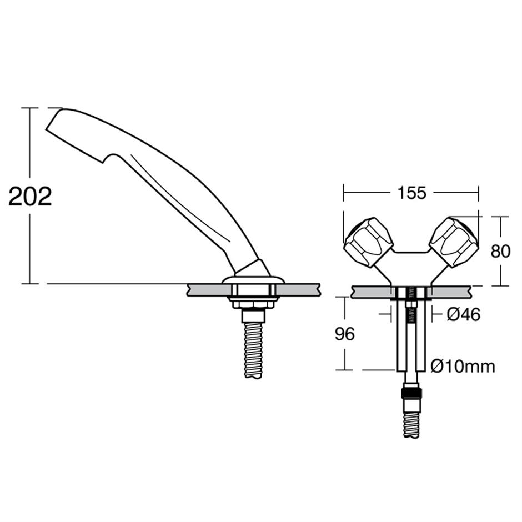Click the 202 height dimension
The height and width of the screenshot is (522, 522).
click(31, 196)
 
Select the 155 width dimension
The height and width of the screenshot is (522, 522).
click(411, 193)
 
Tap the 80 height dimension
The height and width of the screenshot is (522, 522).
click(500, 251)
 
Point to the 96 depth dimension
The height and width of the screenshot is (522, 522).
click(345, 334)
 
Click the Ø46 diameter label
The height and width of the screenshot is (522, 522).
click(463, 315)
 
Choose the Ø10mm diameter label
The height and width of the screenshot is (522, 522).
click(463, 366)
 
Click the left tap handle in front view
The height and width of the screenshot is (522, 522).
click(368, 242)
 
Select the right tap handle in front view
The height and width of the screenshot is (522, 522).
click(454, 242)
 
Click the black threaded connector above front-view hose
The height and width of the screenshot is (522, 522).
click(411, 394)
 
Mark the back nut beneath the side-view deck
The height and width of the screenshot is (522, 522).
click(253, 303)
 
